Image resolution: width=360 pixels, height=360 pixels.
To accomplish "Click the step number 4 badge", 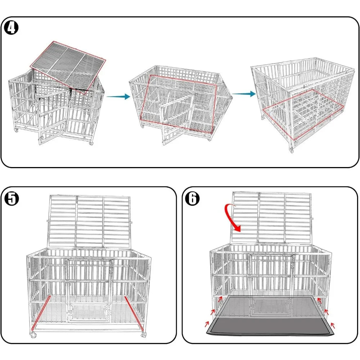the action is (x=12, y=28).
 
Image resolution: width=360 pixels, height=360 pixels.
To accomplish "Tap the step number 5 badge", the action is (x=12, y=198).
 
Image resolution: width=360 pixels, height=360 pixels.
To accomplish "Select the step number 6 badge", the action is (x=192, y=198).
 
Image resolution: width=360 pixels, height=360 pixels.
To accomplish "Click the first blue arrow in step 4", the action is (x=118, y=96).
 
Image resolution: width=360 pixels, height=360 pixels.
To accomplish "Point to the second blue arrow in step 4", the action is (x=244, y=94).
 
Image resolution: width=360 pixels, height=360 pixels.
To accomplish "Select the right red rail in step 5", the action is (x=134, y=313).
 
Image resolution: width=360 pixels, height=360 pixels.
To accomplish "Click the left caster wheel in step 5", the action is (x=33, y=335).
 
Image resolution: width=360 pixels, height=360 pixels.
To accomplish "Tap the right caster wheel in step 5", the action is (x=144, y=334).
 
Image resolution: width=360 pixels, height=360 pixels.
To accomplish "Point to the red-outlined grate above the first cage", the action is (x=68, y=67).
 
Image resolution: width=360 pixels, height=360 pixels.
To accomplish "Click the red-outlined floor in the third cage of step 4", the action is (x=303, y=115).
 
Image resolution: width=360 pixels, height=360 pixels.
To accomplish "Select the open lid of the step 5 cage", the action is (x=89, y=221).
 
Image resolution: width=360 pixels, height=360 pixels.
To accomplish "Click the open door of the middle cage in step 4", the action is (x=177, y=120).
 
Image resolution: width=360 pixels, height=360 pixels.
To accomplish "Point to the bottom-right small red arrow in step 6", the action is (x=332, y=325).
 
